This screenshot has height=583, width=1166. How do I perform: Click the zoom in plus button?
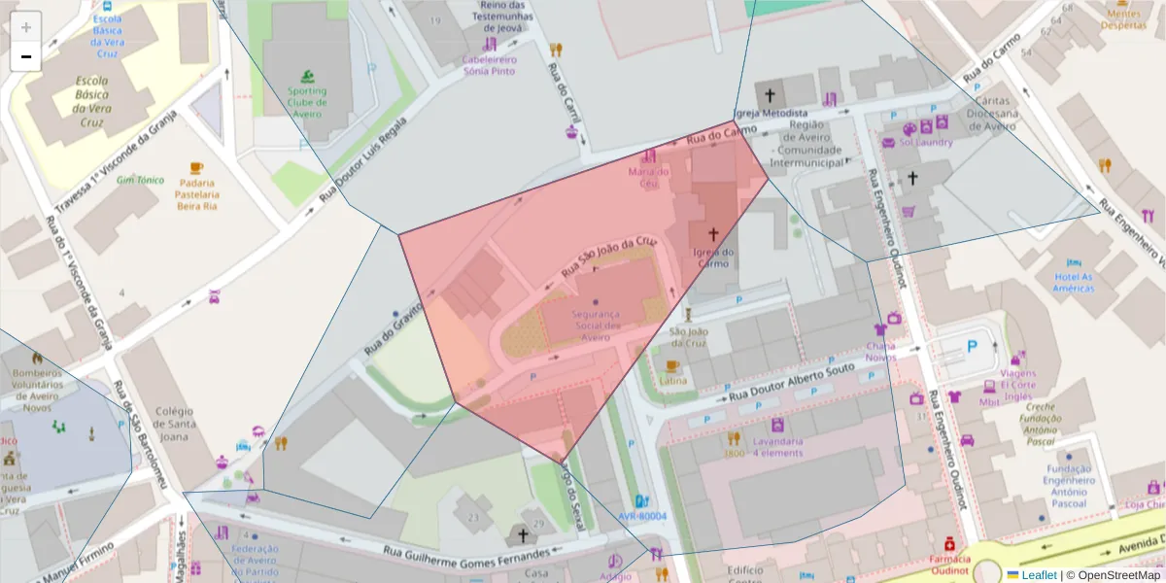click(x=26, y=27)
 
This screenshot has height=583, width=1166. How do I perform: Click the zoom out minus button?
click(x=26, y=56)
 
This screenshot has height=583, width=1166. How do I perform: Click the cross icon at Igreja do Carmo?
click(x=713, y=234)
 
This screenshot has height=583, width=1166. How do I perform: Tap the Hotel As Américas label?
click(x=1074, y=282)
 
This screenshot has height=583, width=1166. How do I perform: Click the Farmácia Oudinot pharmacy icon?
click(x=948, y=542)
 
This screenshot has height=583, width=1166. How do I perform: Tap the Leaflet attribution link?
click(x=1039, y=575)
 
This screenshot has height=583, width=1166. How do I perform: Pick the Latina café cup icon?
click(x=671, y=365)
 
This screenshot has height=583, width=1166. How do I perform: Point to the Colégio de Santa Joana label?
click(x=174, y=423)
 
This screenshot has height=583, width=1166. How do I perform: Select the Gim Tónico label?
click(x=140, y=180)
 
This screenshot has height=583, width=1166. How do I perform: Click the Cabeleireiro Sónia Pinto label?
click(x=490, y=65)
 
